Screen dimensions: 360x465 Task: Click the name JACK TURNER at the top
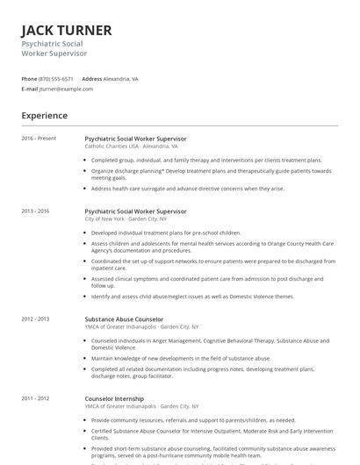[x=67, y=31]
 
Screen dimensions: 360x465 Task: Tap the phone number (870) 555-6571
[x=56, y=78]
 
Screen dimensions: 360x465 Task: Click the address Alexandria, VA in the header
[x=120, y=78]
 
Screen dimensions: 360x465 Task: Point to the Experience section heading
[x=45, y=115]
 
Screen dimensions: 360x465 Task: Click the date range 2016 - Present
[x=39, y=139]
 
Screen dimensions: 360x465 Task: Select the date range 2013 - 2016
[x=35, y=211]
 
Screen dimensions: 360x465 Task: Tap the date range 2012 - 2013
[x=35, y=319]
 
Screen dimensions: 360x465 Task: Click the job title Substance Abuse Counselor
[x=124, y=319]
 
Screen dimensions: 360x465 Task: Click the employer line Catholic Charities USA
[x=125, y=147]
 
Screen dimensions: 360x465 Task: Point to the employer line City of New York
[x=119, y=219]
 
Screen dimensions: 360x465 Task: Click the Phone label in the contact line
[x=29, y=78]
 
